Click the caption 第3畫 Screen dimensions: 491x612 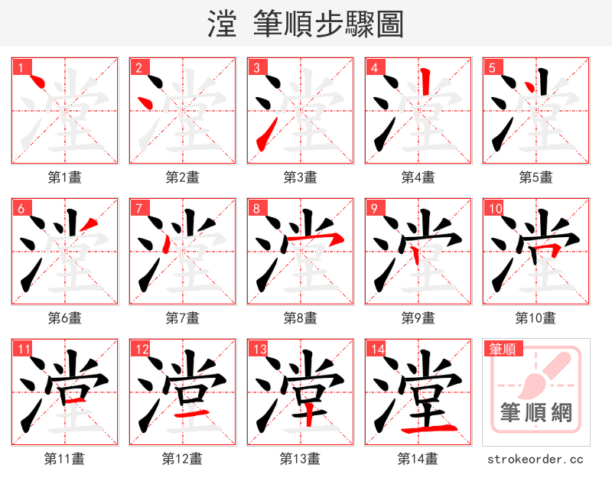pos(300,177)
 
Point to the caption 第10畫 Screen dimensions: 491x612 pos(535,317)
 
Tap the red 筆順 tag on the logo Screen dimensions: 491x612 pos(502,350)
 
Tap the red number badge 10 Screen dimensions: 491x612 pos(495,209)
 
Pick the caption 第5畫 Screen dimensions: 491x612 pos(535,177)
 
